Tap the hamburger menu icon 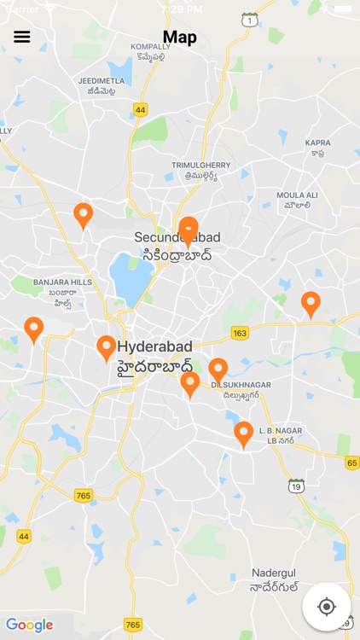(x=22, y=37)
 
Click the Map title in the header (x=180, y=37)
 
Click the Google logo (x=29, y=625)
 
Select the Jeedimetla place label (x=102, y=86)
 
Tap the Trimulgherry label (x=195, y=170)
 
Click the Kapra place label (x=317, y=148)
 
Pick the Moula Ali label (x=298, y=200)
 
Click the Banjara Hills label (x=62, y=287)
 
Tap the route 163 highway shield (x=240, y=333)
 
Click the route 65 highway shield (x=351, y=463)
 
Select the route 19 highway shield (x=296, y=486)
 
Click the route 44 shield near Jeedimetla (x=141, y=110)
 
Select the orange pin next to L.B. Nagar (x=243, y=433)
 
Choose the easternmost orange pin (x=311, y=303)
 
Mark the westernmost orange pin (x=34, y=329)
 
